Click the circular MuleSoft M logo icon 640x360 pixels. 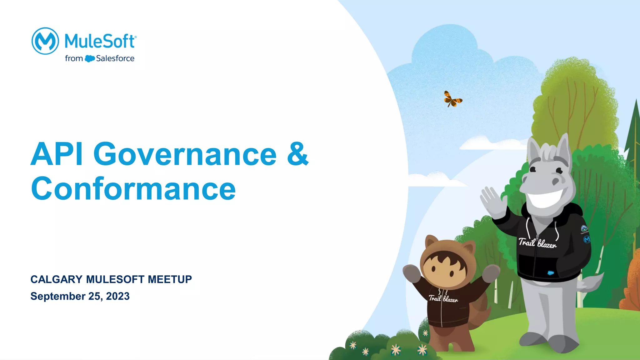click(45, 41)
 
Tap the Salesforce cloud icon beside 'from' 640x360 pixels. click(90, 58)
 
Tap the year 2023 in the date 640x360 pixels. click(118, 296)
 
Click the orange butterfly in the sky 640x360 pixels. click(452, 99)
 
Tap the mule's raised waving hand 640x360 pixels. click(493, 202)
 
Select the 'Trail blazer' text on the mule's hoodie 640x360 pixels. click(537, 243)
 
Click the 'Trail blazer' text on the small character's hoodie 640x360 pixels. click(443, 299)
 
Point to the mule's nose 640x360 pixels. click(556, 181)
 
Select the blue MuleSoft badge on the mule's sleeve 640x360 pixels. click(587, 240)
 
